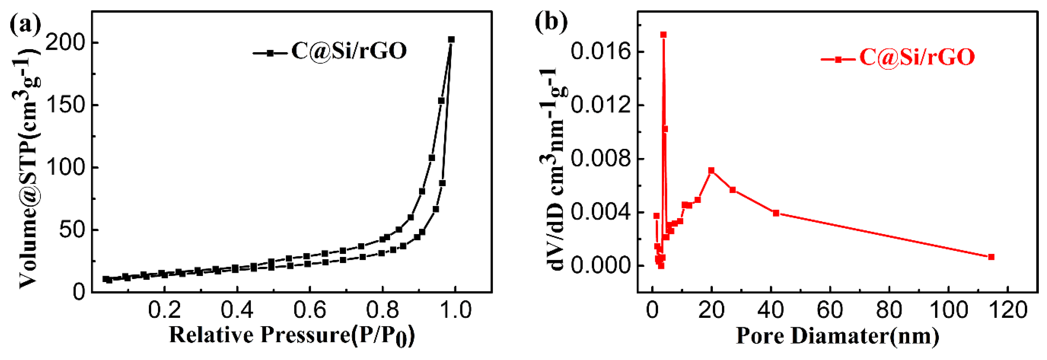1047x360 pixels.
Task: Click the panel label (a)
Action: point(25,24)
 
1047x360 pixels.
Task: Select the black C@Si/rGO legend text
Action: point(349,52)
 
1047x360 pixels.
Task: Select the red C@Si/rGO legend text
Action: point(917,57)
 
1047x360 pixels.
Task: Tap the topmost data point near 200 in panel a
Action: point(451,39)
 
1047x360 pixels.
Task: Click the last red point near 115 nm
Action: point(991,257)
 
